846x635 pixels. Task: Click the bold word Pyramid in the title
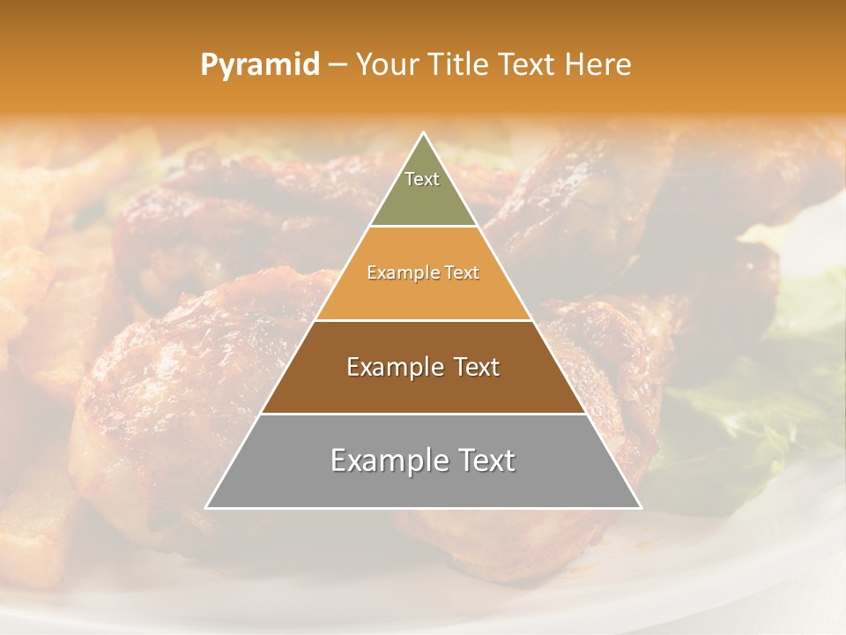pos(259,64)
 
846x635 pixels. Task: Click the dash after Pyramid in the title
pos(338,65)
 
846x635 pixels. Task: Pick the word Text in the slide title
pos(528,64)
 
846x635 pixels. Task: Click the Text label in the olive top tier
pos(422,179)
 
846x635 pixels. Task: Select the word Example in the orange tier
pos(398,273)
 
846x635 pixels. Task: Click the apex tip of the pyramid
pos(423,133)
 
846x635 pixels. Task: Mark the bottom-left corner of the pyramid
pos(206,508)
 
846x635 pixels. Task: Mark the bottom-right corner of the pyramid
pos(641,508)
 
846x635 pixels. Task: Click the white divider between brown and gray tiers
pos(423,414)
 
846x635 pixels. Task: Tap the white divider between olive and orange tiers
pos(423,227)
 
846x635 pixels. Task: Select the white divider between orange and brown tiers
pos(423,320)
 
